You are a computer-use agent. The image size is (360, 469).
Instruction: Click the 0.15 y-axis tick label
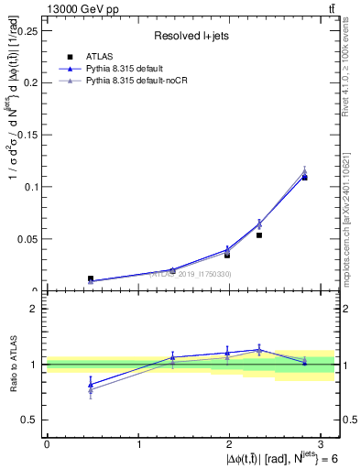27,135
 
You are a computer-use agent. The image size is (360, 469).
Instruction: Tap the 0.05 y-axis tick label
27,239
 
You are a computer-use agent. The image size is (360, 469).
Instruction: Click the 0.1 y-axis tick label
30,187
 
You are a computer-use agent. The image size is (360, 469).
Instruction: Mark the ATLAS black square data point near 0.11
305,178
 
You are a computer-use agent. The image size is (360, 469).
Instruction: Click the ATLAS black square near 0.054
259,235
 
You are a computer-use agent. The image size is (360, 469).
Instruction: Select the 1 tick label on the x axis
138,443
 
